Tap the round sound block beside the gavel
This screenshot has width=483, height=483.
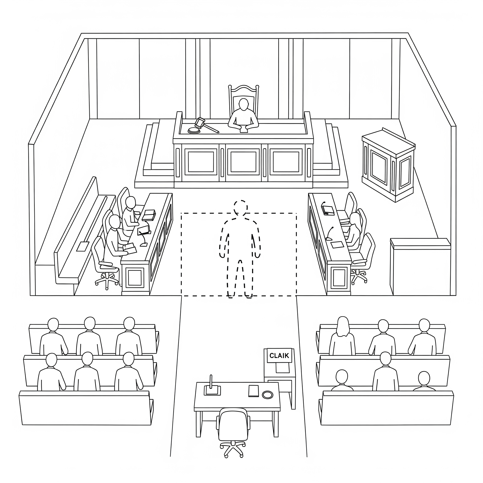click(194, 130)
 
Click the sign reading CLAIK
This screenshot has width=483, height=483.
click(279, 356)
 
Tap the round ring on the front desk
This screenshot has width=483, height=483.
click(267, 395)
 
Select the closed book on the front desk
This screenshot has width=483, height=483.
click(254, 391)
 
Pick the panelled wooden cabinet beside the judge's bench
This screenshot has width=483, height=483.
click(388, 165)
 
